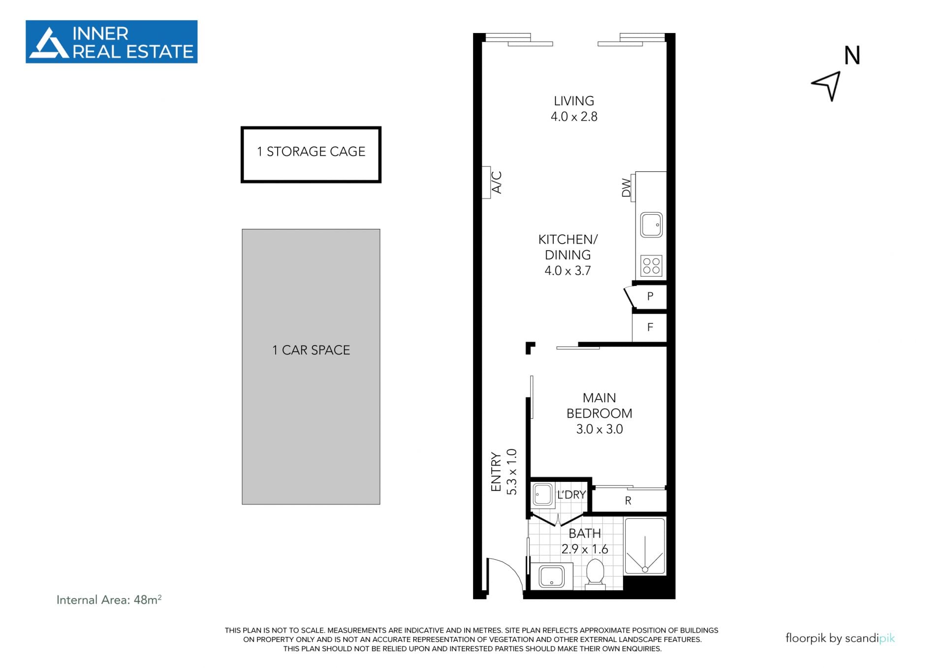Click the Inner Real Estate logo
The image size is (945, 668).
[x=111, y=42]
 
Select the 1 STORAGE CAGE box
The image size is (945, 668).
[x=311, y=155]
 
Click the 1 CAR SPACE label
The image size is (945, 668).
[x=311, y=350]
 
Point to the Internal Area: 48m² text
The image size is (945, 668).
[x=109, y=600]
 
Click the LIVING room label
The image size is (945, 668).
[x=574, y=101]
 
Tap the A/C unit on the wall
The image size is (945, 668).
[x=486, y=182]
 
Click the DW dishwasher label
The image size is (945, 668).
[x=626, y=188]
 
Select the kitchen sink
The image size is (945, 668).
[x=651, y=225]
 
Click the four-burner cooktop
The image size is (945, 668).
[x=651, y=266]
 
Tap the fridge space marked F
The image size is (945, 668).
[x=650, y=327]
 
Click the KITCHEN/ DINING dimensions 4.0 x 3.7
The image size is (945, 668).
[x=567, y=271]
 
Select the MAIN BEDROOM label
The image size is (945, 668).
[x=599, y=406]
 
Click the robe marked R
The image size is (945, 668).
[x=629, y=501]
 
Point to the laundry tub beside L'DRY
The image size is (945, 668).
[x=542, y=495]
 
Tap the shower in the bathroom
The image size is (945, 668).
[x=645, y=546]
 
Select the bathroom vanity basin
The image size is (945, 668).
[x=551, y=576]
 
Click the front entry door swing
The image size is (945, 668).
[x=505, y=577]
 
